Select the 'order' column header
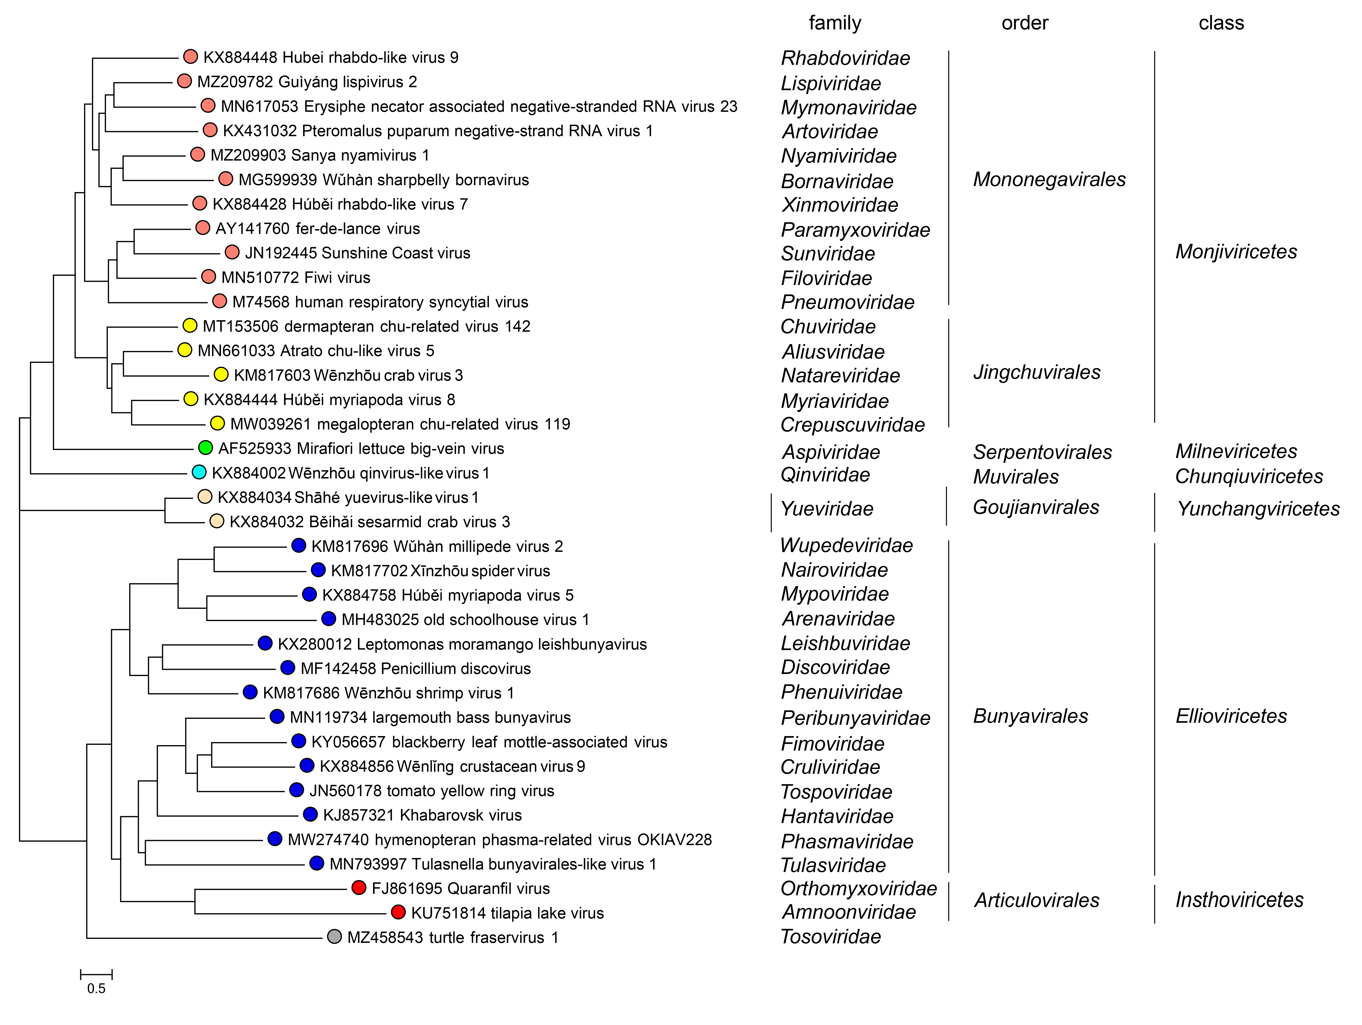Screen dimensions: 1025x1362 point(1024,23)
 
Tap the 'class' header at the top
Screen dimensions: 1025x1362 point(1221,23)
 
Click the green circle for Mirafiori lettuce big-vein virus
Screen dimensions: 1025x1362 point(206,448)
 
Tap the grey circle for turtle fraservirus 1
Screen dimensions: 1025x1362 point(334,937)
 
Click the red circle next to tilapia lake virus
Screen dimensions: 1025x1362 point(398,912)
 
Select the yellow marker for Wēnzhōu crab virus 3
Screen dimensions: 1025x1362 point(221,374)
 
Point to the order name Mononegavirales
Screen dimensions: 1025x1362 point(1049,179)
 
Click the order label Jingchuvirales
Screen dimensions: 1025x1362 point(1037,372)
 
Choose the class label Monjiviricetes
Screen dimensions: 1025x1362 point(1236,251)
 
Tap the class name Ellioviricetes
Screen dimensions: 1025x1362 point(1231,716)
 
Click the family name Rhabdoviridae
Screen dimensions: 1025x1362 point(845,58)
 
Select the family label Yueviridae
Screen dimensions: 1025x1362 point(827,509)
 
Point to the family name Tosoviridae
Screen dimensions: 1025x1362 point(831,936)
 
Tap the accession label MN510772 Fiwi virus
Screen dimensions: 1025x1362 point(295,278)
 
